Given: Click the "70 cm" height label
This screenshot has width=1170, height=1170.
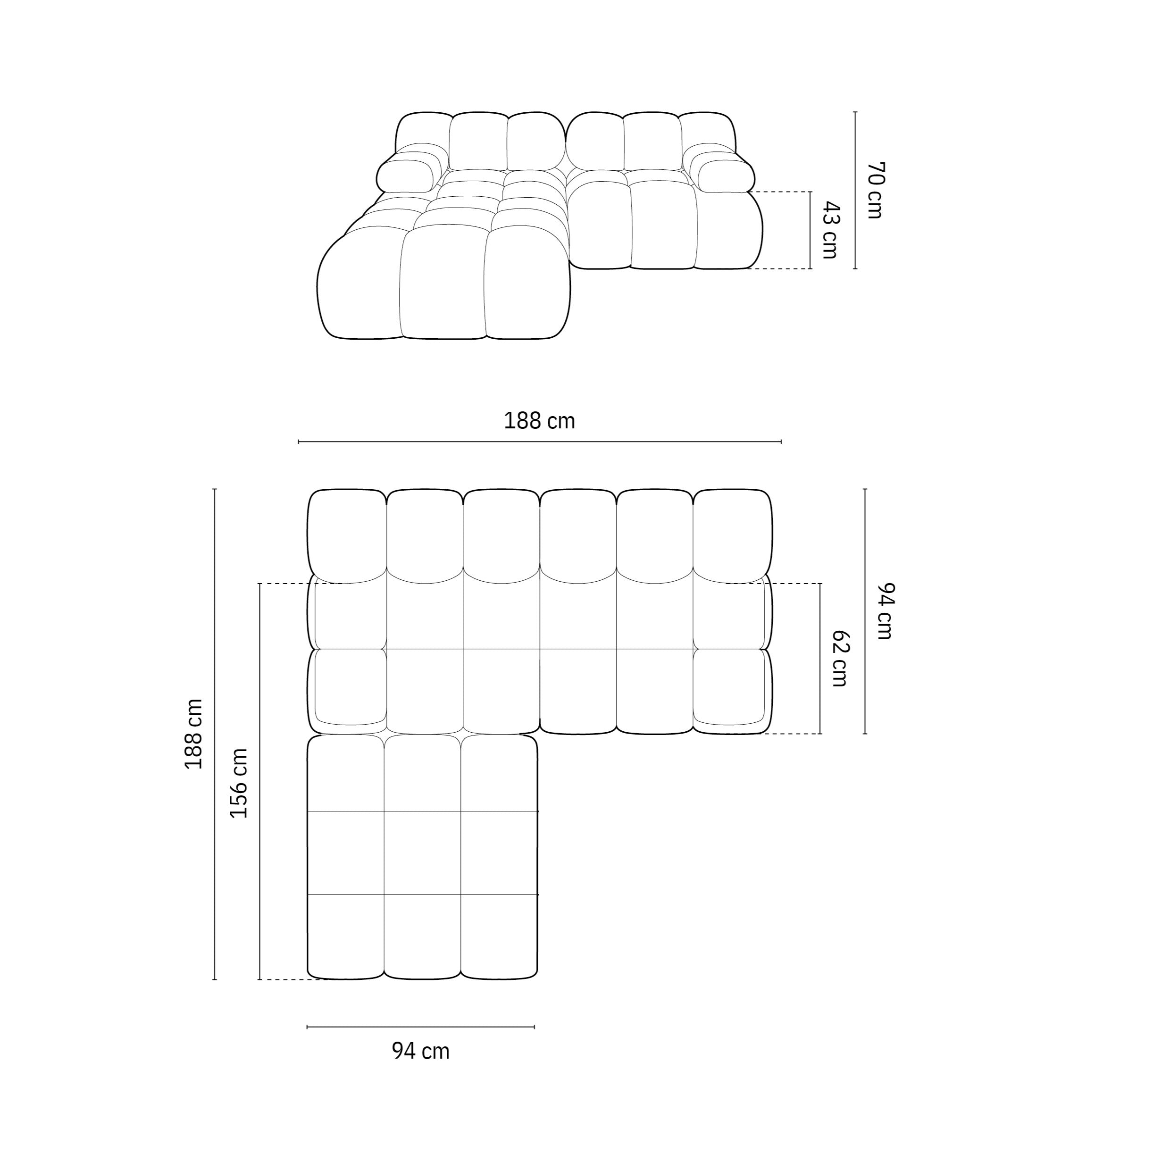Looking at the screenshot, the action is [x=875, y=190].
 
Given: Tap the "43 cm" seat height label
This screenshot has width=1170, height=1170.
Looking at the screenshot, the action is [x=830, y=230].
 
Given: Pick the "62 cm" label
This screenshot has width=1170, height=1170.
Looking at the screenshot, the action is [x=839, y=658].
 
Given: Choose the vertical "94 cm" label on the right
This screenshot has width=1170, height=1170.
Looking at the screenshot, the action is [x=885, y=611].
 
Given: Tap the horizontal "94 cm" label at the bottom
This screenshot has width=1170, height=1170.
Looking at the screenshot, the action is [x=421, y=1051].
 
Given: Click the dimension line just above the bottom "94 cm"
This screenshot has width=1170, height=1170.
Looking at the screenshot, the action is [x=421, y=1027].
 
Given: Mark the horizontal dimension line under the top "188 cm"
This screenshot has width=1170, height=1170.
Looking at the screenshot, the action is [x=540, y=442].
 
